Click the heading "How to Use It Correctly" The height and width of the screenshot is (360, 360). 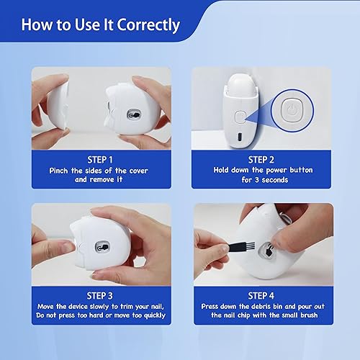(100, 25)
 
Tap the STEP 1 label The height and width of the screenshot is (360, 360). (101, 159)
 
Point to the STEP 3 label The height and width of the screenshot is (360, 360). (101, 296)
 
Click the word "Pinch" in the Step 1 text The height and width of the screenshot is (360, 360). (61, 171)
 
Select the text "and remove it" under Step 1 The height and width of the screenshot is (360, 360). (101, 181)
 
